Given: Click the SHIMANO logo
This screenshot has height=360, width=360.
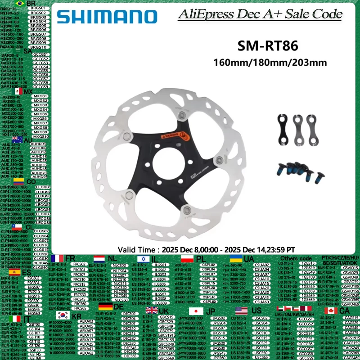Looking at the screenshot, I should click(99, 17).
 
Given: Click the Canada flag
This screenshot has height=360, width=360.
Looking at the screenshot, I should click(331, 311).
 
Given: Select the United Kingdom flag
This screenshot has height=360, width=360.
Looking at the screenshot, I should click(151, 310).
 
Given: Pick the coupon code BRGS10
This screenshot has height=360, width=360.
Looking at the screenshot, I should click(38, 47).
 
